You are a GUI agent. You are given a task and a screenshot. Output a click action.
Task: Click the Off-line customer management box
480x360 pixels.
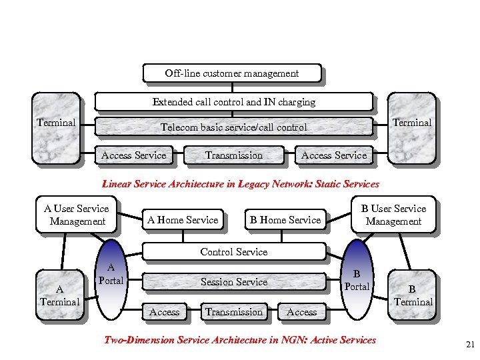pyautogui.click(x=232, y=73)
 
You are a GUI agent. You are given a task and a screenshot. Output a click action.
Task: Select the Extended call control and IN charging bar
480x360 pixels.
pyautogui.click(x=233, y=102)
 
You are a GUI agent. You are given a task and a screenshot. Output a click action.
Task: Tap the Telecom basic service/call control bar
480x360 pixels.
pyautogui.click(x=233, y=127)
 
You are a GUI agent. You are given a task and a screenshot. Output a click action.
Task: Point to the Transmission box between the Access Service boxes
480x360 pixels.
pyautogui.click(x=233, y=155)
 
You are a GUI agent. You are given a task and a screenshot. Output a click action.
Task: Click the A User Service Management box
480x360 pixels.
pyautogui.click(x=77, y=215)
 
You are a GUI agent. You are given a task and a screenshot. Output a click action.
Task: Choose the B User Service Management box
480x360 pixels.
pyautogui.click(x=393, y=215)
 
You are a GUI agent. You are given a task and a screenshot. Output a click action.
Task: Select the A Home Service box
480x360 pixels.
pyautogui.click(x=183, y=220)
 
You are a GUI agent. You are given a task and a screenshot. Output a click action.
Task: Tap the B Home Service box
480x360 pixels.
pyautogui.click(x=285, y=220)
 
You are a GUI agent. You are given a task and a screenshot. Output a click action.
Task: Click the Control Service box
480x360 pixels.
pyautogui.click(x=233, y=252)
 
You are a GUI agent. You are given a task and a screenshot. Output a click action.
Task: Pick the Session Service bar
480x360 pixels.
pyautogui.click(x=233, y=282)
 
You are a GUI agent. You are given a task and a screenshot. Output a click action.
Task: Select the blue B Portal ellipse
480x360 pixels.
pyautogui.click(x=357, y=280)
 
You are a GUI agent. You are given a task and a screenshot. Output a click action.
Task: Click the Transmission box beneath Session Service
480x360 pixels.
pyautogui.click(x=233, y=311)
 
